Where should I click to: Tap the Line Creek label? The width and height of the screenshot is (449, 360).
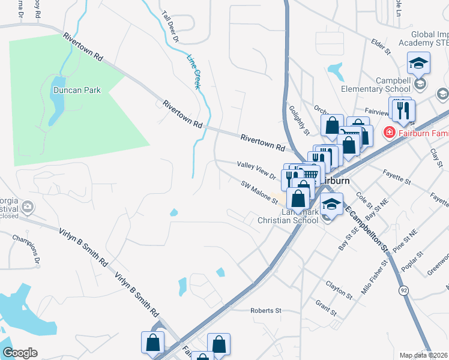(x=194, y=73)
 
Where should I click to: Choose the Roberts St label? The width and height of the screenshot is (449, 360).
(x=266, y=311)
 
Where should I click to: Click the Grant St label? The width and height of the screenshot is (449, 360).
(x=325, y=308)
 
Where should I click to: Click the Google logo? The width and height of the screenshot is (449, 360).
(x=20, y=352)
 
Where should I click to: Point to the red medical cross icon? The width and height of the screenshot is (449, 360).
(x=389, y=131)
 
